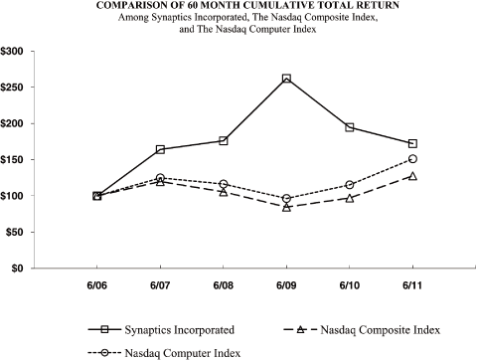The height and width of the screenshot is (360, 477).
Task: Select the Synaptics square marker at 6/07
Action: pyautogui.click(x=161, y=149)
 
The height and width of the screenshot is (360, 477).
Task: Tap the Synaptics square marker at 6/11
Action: pyautogui.click(x=412, y=143)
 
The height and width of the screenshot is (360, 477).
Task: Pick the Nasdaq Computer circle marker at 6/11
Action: pyautogui.click(x=412, y=158)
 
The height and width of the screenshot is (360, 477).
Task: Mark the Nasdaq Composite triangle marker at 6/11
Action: pyautogui.click(x=412, y=176)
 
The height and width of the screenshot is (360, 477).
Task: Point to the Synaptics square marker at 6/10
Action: pyautogui.click(x=350, y=127)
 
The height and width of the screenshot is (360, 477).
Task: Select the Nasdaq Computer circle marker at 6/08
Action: pyautogui.click(x=224, y=184)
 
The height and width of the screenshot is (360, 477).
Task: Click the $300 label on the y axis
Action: pyautogui.click(x=16, y=51)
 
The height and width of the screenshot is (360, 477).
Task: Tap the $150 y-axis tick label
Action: pyautogui.click(x=16, y=159)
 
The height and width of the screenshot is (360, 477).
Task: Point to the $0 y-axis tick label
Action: pyautogui.click(x=21, y=269)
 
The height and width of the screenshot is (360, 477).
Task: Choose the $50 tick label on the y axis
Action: pyautogui.click(x=18, y=232)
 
